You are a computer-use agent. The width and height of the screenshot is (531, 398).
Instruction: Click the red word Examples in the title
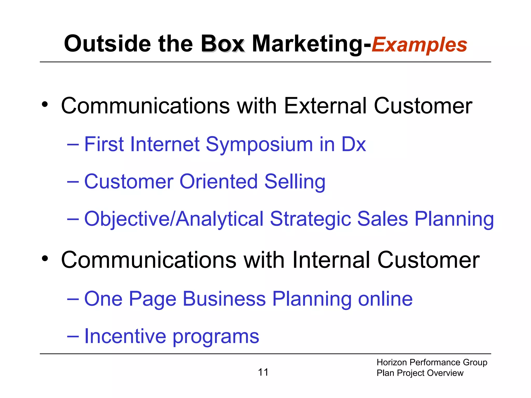(x=419, y=45)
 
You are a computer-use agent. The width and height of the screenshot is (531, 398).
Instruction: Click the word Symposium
(x=259, y=145)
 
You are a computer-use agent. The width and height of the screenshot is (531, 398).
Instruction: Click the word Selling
(x=295, y=182)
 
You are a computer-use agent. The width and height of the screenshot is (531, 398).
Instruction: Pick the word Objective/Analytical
(x=174, y=219)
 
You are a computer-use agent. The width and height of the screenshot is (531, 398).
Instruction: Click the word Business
(x=224, y=299)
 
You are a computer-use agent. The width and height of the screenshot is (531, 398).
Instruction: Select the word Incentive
(x=125, y=336)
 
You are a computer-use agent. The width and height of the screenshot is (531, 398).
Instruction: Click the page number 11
(x=263, y=372)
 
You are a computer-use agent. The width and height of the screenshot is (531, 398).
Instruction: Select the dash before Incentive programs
(x=73, y=336)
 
